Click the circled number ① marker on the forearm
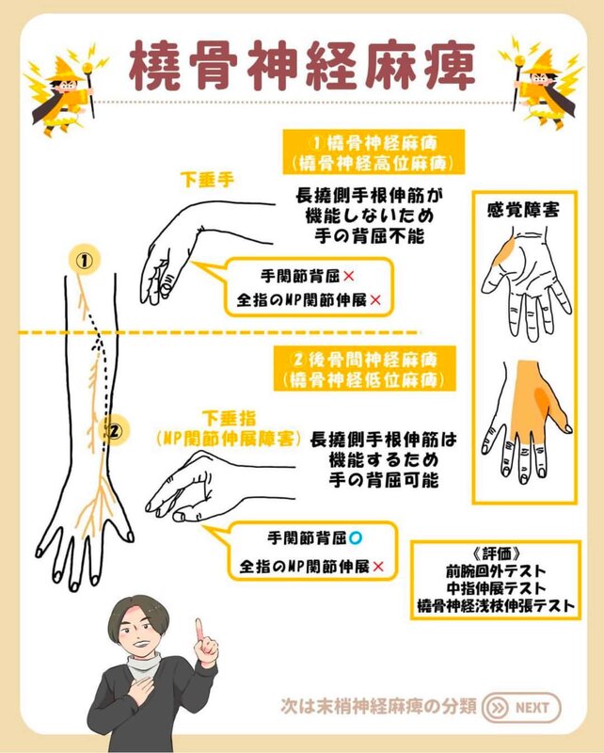(x=85, y=261)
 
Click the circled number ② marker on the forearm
(x=114, y=431)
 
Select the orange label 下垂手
(x=207, y=180)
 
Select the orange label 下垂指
(x=229, y=418)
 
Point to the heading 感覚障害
(x=523, y=210)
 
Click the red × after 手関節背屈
(x=349, y=276)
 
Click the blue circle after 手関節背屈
(x=356, y=537)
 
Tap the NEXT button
(x=521, y=708)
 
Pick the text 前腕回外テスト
(x=496, y=571)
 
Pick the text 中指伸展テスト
(x=496, y=588)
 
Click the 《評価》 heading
(x=496, y=554)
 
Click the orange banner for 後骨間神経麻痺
(x=364, y=369)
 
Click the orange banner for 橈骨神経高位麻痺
(x=374, y=152)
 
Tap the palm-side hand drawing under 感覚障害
(x=527, y=286)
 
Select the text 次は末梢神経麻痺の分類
(x=379, y=707)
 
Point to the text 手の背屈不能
(x=370, y=236)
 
